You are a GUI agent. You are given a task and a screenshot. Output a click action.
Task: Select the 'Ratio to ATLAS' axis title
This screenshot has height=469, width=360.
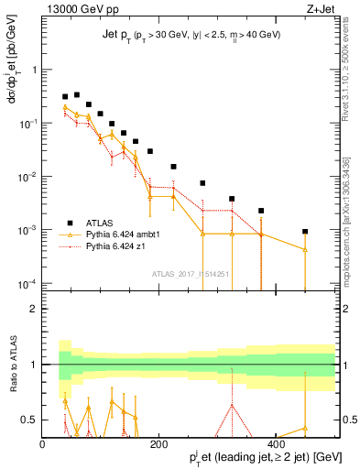coord(12,365)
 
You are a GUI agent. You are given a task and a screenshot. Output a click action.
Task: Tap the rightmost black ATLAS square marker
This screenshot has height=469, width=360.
coord(305,232)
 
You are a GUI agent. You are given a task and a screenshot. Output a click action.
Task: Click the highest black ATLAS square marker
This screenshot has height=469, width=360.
coord(77,94)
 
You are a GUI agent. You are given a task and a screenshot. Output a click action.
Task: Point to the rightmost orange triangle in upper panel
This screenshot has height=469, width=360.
coord(305,250)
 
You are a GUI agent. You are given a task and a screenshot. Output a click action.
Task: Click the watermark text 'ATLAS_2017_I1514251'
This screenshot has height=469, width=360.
coord(191,272)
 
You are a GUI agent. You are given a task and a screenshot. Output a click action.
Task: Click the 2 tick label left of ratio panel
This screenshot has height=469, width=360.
coord(32,309)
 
